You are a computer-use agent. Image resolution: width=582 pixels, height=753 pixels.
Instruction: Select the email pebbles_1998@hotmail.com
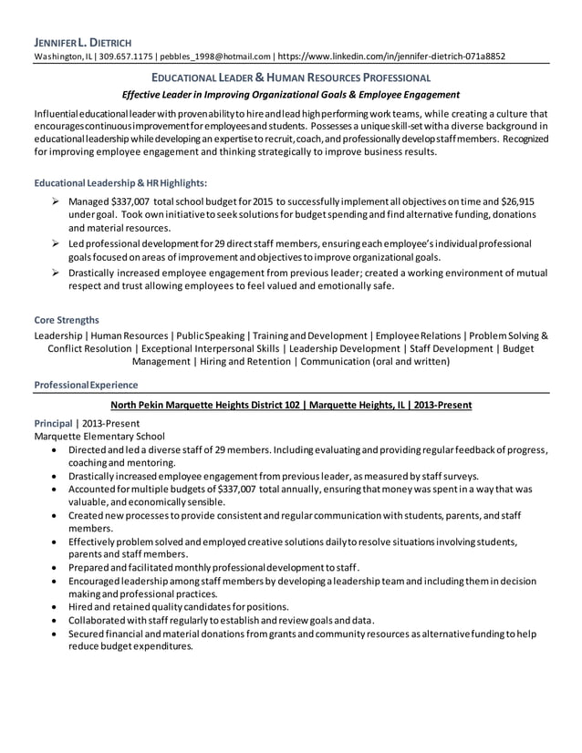click(215, 57)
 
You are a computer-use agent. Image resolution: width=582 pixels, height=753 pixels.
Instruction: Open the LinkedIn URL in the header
click(391, 57)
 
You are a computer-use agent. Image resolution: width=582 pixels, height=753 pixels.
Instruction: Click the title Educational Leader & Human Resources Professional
click(290, 78)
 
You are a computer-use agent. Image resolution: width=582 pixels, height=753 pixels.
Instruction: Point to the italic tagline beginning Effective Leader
click(290, 95)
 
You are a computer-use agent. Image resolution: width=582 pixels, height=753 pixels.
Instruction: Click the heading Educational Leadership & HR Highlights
click(120, 182)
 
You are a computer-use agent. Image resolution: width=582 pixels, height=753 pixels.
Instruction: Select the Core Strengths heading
click(67, 320)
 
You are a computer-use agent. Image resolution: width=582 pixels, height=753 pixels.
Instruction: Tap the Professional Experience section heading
click(86, 385)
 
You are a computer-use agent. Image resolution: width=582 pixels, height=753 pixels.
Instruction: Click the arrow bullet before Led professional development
click(57, 244)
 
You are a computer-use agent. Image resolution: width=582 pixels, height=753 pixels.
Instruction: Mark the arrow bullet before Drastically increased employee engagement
click(57, 272)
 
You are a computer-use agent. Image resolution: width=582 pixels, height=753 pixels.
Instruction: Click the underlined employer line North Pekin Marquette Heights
click(290, 405)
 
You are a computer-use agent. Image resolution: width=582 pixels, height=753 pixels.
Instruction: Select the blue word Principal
click(55, 424)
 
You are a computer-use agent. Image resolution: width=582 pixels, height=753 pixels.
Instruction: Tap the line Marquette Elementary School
click(99, 437)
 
